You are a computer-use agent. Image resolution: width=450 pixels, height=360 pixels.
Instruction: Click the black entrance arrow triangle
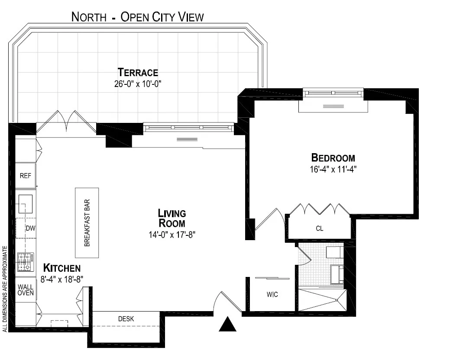227,325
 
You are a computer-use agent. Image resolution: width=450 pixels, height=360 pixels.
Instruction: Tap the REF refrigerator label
25,176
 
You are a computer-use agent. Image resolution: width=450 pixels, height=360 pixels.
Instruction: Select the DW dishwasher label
29,228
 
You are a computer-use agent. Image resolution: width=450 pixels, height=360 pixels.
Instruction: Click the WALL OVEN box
26,290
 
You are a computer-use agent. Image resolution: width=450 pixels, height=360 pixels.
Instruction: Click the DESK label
126,319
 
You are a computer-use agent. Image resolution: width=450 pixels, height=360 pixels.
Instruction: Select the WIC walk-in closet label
272,295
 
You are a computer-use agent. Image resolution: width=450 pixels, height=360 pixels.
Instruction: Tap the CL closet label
319,228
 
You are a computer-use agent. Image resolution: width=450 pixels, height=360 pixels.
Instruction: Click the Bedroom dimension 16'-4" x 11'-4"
333,169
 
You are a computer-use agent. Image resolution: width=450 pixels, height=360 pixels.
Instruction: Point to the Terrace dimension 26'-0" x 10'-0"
138,84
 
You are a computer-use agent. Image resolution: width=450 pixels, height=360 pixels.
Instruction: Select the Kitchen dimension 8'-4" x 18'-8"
62,279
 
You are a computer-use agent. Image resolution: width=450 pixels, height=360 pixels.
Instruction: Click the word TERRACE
138,72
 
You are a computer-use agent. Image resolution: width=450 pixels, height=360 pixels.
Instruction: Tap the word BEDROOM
333,157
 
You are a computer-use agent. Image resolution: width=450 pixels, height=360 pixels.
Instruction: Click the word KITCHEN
62,268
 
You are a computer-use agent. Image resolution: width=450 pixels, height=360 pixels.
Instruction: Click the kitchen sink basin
26,204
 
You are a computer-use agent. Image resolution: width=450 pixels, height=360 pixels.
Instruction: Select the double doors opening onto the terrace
66,122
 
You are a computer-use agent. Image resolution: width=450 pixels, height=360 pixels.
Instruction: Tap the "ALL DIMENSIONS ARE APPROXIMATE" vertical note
5,289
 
